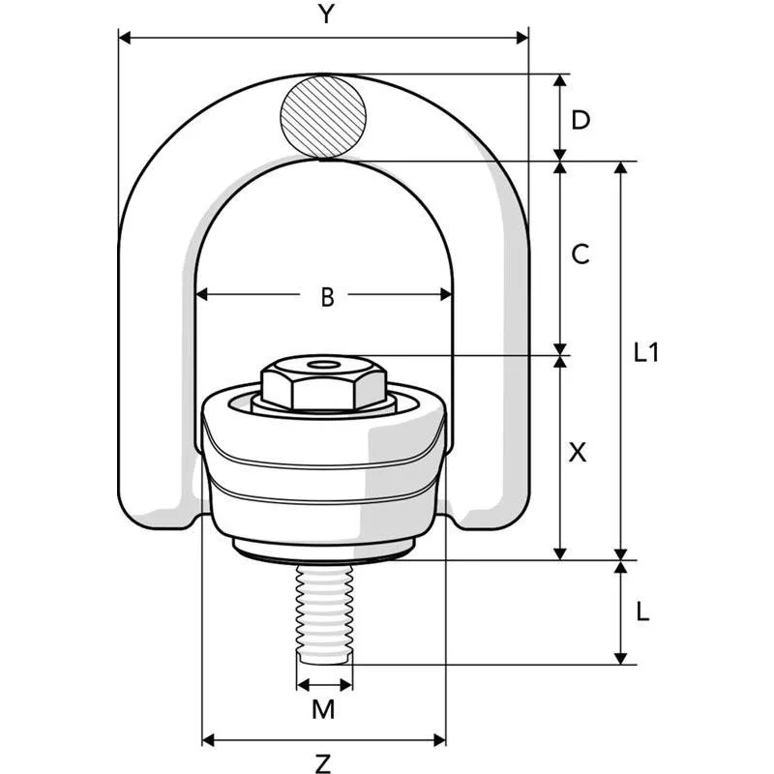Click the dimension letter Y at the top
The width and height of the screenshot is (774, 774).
coord(326,14)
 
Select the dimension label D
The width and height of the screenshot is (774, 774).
coord(580,120)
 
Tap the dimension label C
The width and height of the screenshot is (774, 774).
coord(580,254)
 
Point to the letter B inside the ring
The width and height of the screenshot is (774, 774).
coord(327,297)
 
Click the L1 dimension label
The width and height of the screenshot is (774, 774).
coord(646,352)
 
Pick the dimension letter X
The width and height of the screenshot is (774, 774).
coord(578,452)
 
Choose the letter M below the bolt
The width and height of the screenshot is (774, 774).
coord(323,710)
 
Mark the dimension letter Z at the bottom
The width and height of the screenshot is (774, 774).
coord(323,763)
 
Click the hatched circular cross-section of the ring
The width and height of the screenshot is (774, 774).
coord(323,116)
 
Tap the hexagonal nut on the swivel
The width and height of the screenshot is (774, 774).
coord(323,382)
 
